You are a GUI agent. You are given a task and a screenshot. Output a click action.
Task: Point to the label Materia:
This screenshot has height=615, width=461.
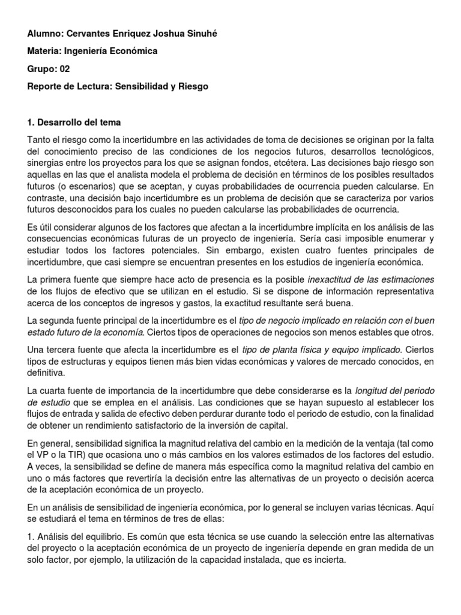pos(46,51)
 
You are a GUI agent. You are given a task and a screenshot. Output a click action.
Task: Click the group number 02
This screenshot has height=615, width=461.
pos(64,68)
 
